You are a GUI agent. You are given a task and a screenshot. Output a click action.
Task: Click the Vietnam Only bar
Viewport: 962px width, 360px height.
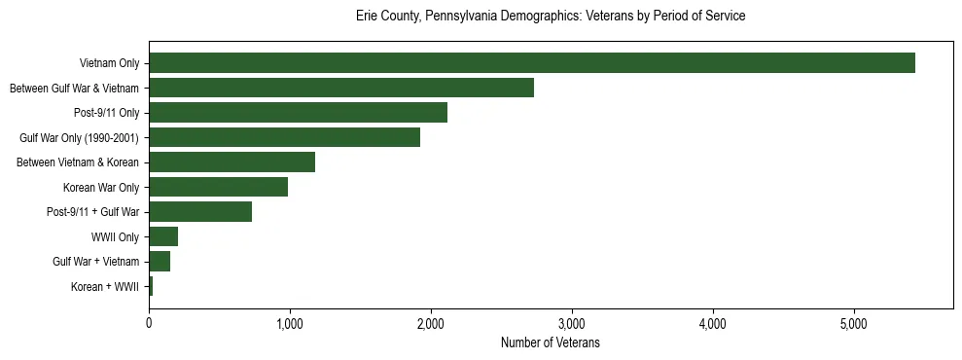pyautogui.click(x=531, y=63)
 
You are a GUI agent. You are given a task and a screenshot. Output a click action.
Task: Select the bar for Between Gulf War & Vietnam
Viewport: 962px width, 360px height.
pyautogui.click(x=340, y=88)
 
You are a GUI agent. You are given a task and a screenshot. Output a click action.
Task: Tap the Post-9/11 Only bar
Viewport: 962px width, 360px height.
pyautogui.click(x=298, y=113)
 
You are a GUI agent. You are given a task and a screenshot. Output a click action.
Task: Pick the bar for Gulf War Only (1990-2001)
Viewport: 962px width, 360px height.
pyautogui.click(x=284, y=137)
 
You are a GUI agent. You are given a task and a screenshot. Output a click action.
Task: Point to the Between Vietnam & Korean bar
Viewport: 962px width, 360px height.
pyautogui.click(x=232, y=162)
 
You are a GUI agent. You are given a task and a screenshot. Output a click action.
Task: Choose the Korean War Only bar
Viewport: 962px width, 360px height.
pyautogui.click(x=218, y=187)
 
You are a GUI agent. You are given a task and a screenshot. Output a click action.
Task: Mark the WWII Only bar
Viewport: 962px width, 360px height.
pyautogui.click(x=163, y=236)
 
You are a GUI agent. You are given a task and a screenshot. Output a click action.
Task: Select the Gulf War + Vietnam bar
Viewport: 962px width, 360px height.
pyautogui.click(x=160, y=262)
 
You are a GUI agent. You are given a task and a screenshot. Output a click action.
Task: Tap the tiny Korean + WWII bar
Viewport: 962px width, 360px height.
pyautogui.click(x=151, y=286)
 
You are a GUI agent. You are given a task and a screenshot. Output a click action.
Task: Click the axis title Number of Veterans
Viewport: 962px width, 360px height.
pyautogui.click(x=551, y=343)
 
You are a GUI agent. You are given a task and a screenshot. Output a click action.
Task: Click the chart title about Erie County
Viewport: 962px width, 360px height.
pyautogui.click(x=551, y=17)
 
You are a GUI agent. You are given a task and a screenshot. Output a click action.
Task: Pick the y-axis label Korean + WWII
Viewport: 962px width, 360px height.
pyautogui.click(x=105, y=287)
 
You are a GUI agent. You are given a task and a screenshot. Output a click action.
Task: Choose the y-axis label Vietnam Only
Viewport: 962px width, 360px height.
pyautogui.click(x=109, y=64)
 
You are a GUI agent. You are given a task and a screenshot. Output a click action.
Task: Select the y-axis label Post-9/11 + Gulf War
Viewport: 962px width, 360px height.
pyautogui.click(x=93, y=212)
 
